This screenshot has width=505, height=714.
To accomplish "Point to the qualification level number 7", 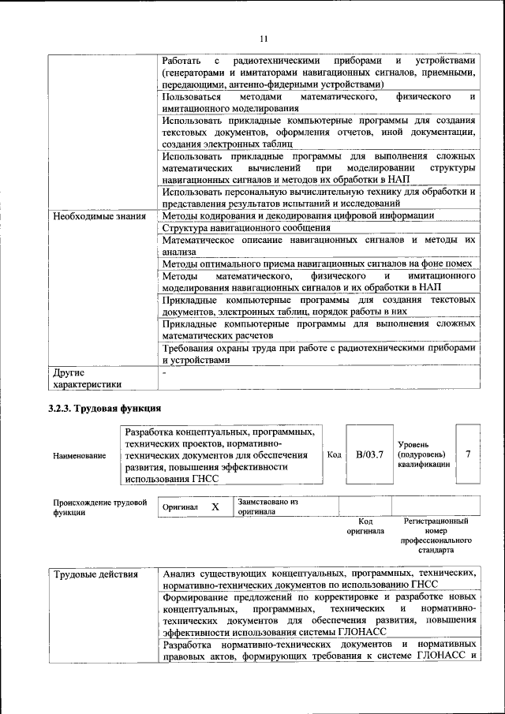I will click(468, 454).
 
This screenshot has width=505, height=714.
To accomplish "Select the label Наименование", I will click(79, 456).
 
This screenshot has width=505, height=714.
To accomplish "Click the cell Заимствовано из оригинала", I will click(267, 506).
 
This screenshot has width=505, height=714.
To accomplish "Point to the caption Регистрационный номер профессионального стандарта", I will click(436, 536).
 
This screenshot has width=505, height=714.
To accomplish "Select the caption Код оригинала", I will click(365, 526).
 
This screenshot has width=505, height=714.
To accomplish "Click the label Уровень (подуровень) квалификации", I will click(424, 455).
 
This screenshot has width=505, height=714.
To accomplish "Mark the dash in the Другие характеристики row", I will click(164, 372).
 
